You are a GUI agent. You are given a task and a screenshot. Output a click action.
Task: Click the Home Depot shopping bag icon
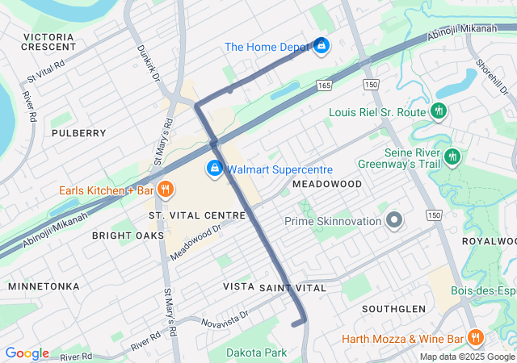tap(322, 45)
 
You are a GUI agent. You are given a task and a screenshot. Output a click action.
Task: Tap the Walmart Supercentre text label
tap(268, 169)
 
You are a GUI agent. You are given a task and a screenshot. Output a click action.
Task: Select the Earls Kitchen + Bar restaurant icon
tap(164, 190)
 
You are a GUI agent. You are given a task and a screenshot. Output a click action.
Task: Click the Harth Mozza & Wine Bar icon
tap(475, 338)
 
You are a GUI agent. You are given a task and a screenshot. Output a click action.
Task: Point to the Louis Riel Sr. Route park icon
tap(439, 111)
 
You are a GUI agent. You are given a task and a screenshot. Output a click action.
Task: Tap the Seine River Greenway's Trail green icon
tap(452, 154)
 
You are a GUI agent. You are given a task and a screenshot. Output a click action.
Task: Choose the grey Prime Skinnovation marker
tap(394, 220)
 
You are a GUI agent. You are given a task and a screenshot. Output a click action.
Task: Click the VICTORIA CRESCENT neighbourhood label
tap(49, 42)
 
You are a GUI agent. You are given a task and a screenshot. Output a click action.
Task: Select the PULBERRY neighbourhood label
tap(78, 132)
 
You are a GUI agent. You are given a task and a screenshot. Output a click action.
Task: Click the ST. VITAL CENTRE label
tap(196, 215)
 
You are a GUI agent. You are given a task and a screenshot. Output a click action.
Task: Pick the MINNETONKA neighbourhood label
tap(44, 286)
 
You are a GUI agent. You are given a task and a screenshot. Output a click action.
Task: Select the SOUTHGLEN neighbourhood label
tap(393, 309)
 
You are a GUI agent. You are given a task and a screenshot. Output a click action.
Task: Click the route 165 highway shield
tap(324, 84)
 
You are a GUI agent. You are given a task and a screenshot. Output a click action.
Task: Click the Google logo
tap(27, 353)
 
